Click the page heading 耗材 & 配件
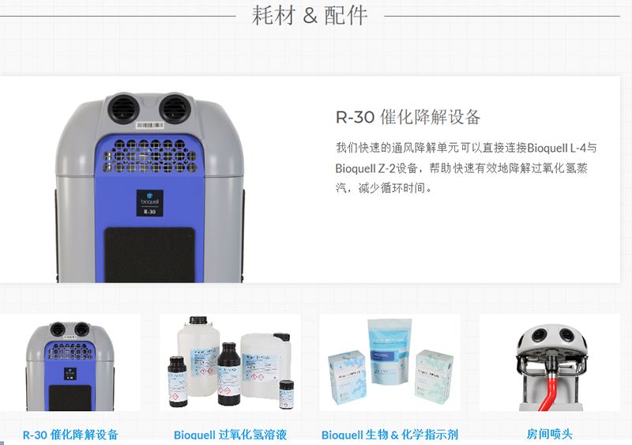coord(310,16)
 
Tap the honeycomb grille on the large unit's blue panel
coord(149,153)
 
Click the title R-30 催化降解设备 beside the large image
coord(408,118)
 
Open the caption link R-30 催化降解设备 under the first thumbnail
coord(70,435)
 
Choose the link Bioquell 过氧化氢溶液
coord(230,435)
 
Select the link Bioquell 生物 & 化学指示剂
coord(389,435)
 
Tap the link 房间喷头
coord(549,435)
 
